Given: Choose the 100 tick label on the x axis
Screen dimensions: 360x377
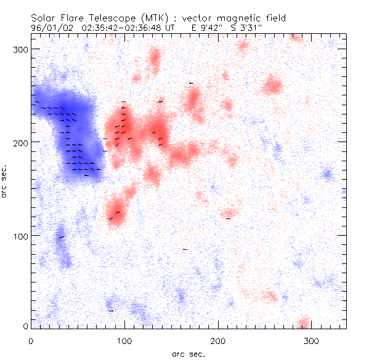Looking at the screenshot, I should (x=124, y=340).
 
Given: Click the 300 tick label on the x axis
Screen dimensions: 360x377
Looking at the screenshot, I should (x=312, y=340).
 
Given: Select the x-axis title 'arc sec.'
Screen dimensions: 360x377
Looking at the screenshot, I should (x=188, y=353).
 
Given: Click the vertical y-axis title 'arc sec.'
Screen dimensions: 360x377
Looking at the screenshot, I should (x=5, y=181).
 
